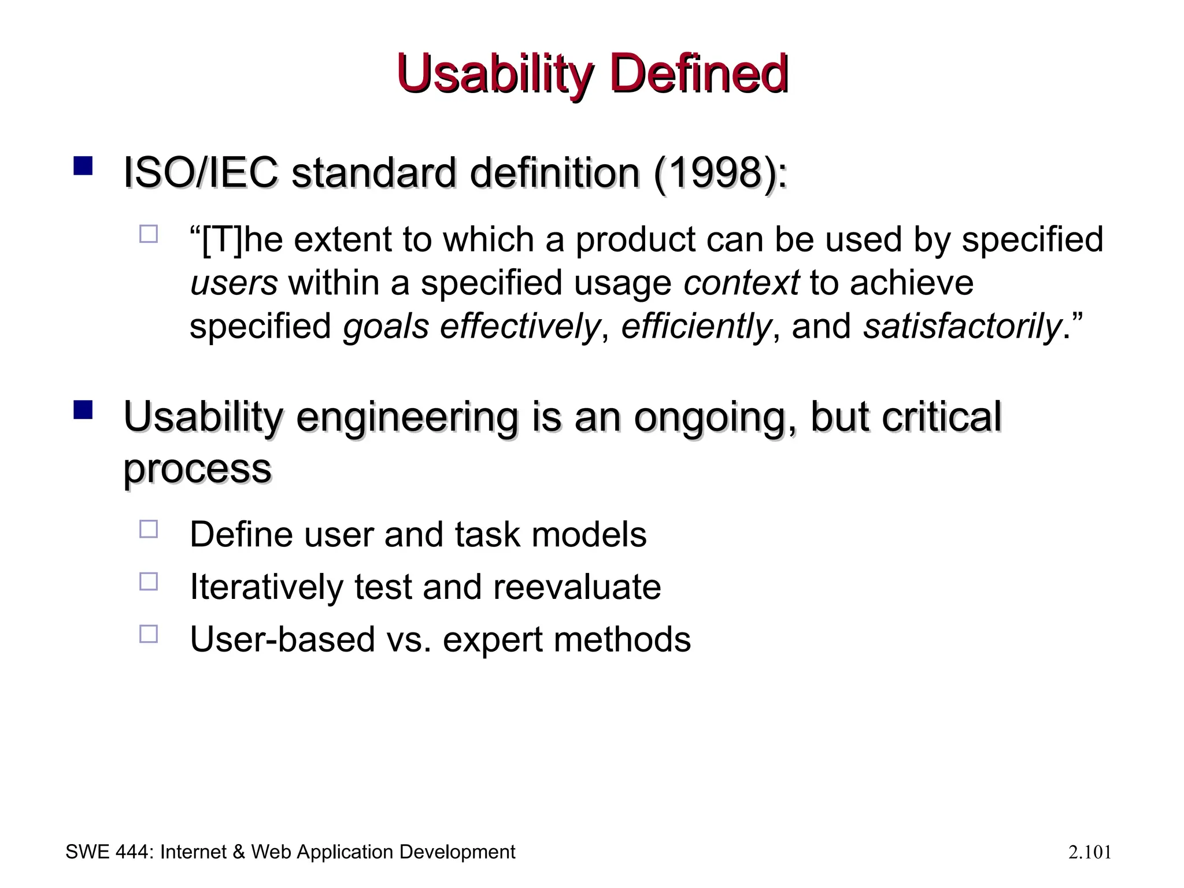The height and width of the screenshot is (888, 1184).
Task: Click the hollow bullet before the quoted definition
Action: (149, 234)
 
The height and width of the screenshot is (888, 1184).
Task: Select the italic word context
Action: (741, 283)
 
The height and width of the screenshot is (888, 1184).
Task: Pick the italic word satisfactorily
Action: (962, 327)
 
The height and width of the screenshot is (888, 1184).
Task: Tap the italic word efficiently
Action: (696, 327)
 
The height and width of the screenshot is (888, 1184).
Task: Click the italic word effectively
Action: (520, 327)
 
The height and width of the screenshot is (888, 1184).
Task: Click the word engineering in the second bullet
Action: (407, 417)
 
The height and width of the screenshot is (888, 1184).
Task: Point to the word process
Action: (197, 468)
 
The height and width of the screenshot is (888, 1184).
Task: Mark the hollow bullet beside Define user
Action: (149, 529)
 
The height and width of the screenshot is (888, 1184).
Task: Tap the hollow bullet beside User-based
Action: (149, 634)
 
